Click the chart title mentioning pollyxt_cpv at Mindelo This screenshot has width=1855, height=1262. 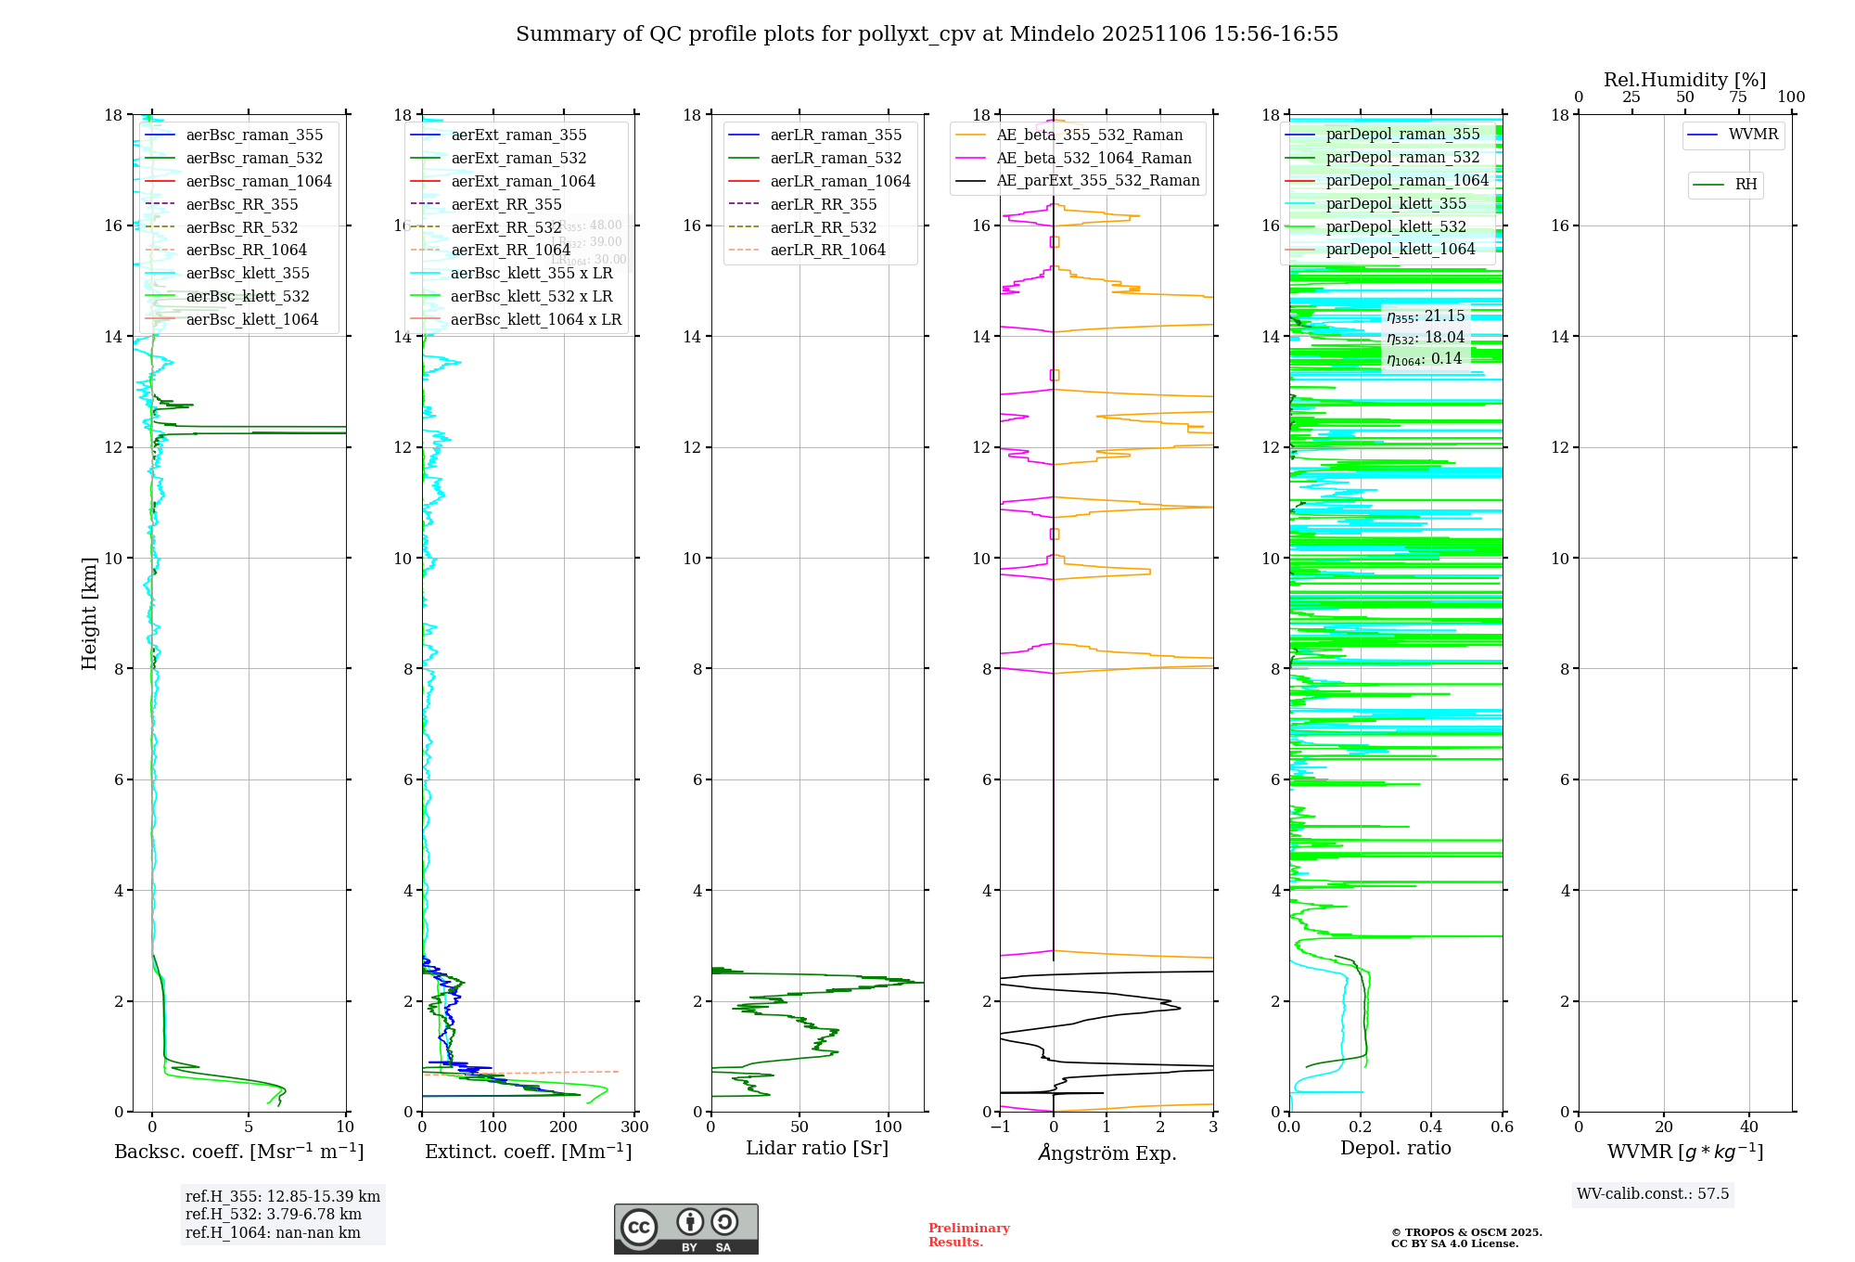(x=927, y=34)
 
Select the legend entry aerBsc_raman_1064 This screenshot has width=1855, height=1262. (x=258, y=181)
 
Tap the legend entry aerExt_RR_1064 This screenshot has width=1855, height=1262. (x=510, y=250)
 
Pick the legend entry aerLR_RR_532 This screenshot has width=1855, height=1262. (x=823, y=227)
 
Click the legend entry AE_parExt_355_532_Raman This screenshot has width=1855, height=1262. (x=1097, y=180)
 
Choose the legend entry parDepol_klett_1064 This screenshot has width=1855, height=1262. (x=1400, y=249)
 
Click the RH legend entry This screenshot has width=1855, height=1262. (x=1746, y=185)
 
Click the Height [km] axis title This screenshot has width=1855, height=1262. (x=89, y=613)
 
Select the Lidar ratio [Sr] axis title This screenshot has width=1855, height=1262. (x=817, y=1148)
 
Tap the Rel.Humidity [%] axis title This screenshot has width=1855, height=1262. (x=1684, y=80)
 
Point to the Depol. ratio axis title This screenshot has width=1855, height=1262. (x=1395, y=1148)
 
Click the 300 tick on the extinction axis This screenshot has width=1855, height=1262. (x=635, y=1127)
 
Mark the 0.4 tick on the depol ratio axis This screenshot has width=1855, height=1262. (x=1431, y=1127)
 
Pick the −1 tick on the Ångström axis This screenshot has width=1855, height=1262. (x=1000, y=1127)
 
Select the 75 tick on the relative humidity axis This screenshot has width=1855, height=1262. (x=1738, y=97)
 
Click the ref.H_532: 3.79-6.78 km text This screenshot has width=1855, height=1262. (x=273, y=1215)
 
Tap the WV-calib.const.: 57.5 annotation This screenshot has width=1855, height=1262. (x=1653, y=1194)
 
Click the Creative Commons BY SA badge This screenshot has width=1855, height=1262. (x=685, y=1229)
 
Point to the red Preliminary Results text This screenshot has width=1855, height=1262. (x=968, y=1235)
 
